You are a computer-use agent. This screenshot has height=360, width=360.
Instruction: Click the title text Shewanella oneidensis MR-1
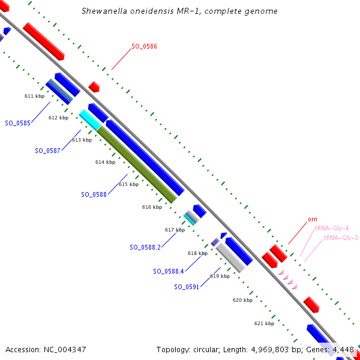pos(139,11)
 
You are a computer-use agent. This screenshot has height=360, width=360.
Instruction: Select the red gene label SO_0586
pos(144,46)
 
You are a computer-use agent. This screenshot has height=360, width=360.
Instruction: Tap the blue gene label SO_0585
pos(18,123)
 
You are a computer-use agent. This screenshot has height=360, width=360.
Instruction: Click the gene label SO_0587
pos(47,151)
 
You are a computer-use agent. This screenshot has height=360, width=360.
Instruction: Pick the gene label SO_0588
pos(94,194)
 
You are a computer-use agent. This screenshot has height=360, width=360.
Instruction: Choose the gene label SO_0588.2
pos(145,247)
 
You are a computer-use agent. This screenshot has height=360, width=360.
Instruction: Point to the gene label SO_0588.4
pos(169,271)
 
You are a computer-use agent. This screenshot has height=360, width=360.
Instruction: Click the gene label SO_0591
pos(187,287)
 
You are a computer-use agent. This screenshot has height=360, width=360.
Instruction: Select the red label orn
pos(313,220)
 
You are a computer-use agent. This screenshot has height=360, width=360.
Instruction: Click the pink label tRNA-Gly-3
pos(341,238)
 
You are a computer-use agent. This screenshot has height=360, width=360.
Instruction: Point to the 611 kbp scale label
pos(34,96)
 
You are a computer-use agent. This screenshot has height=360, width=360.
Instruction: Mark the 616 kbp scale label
pos(152,207)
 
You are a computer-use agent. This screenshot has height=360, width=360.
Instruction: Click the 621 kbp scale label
pos(264,323)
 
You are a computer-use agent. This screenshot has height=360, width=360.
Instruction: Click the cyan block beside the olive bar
pos(89,119)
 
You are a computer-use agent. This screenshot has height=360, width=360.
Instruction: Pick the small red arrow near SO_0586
pos(94,87)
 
